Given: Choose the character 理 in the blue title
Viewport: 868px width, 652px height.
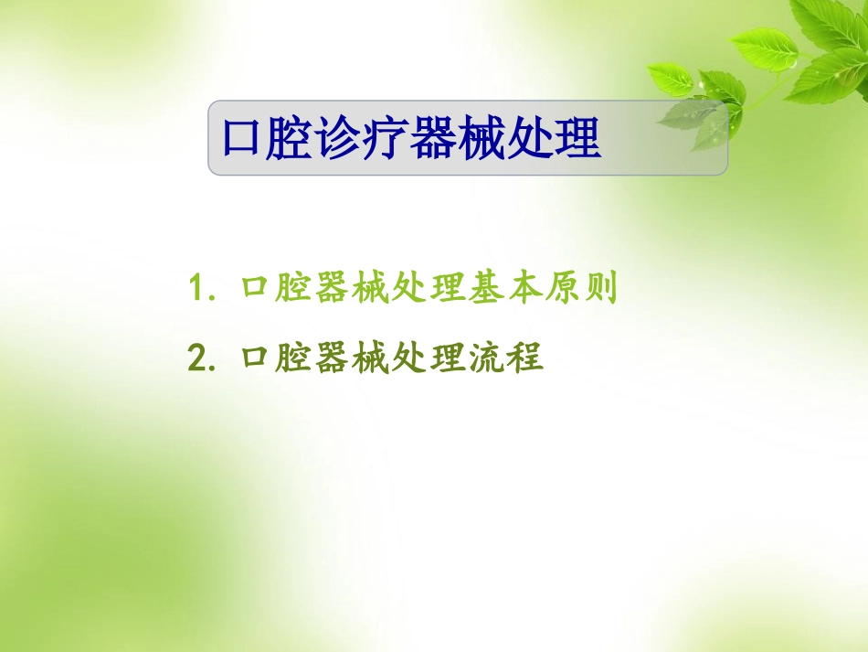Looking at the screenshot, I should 579,139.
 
